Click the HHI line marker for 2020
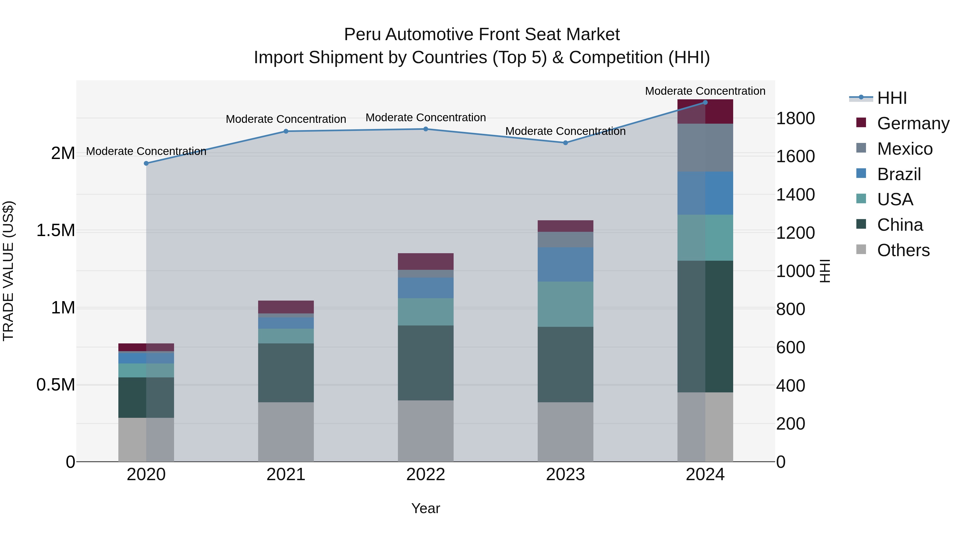(x=146, y=164)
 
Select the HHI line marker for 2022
(x=425, y=129)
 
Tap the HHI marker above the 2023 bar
(x=566, y=143)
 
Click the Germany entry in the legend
(x=913, y=123)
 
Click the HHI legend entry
(x=891, y=98)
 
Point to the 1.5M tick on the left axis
(x=56, y=230)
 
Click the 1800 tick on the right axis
(x=795, y=119)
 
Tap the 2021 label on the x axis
(x=286, y=475)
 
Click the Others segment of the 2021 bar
(x=286, y=432)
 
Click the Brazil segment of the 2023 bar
(x=566, y=264)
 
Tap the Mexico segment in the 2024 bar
(x=705, y=148)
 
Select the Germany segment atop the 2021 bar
(x=286, y=307)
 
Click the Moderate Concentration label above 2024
(x=705, y=91)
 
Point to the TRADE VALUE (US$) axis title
(x=8, y=271)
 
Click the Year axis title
(x=425, y=508)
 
